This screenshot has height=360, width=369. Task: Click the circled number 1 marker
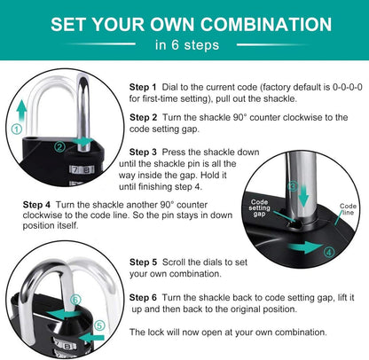17,129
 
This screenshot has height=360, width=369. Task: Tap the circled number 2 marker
60,146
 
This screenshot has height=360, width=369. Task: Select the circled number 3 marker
293,186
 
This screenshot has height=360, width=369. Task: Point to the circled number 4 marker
329,253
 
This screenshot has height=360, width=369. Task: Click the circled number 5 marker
99,325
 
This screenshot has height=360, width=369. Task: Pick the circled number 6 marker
75,300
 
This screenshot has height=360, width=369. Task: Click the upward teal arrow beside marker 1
21,110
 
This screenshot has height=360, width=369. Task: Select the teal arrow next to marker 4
305,247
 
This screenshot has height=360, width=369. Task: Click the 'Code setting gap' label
259,207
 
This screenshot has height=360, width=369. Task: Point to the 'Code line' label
348,209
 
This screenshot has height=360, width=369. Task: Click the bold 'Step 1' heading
143,87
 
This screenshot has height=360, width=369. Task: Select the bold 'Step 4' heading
36,205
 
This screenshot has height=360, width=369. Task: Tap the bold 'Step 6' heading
143,297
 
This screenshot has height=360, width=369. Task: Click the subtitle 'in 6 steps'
187,45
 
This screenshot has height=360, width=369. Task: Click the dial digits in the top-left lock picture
82,170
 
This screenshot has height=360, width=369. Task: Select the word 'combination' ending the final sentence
301,333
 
